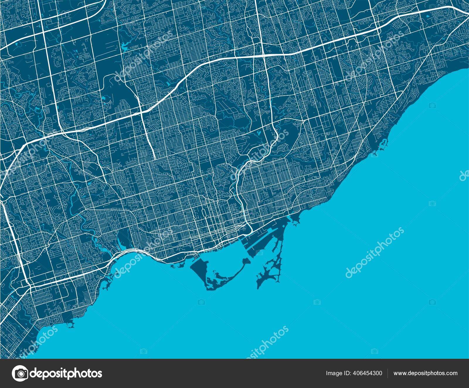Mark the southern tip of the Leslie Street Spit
pos(259,285)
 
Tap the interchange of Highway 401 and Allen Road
pos(141,111)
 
